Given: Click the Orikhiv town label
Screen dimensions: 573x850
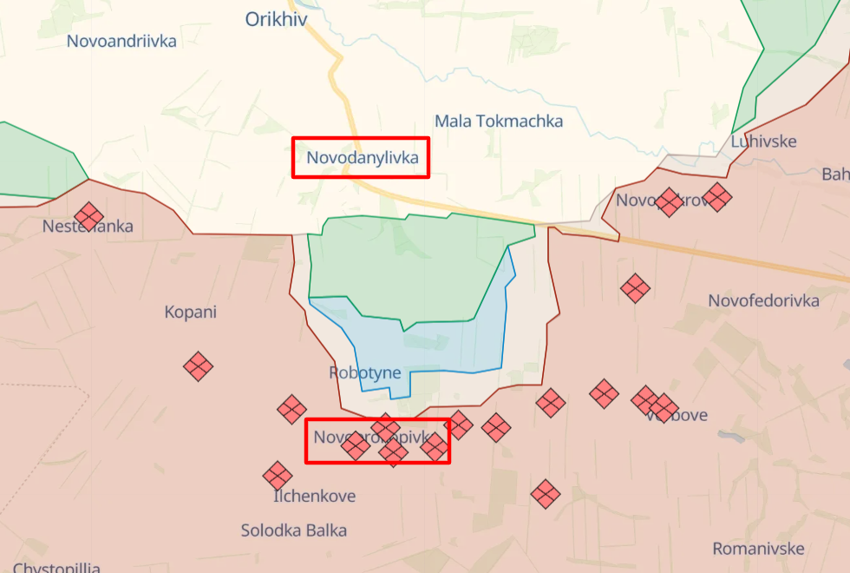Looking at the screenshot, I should point(276,19).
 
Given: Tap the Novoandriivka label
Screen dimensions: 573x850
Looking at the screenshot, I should point(121,41).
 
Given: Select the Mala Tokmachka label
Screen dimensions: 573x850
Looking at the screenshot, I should point(499,121).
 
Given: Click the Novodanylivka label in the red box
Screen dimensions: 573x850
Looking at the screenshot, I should point(362,158).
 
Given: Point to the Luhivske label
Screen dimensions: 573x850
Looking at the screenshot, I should point(763,142).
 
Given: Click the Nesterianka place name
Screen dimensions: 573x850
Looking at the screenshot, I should point(88,227).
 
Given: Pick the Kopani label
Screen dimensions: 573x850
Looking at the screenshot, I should point(191,313).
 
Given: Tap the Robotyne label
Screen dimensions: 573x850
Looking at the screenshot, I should point(365,373).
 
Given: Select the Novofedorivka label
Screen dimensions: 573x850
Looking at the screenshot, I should point(763,301).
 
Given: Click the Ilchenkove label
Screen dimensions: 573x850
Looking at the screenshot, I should point(314,497).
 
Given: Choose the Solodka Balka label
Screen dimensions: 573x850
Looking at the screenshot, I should point(294,530).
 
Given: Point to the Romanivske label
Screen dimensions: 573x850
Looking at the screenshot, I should point(758,549).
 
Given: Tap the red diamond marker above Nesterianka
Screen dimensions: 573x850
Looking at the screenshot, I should point(88,215).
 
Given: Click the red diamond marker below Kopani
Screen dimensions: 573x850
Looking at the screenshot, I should point(199,366).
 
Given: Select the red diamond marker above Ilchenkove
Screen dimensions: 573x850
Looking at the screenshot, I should point(278,475).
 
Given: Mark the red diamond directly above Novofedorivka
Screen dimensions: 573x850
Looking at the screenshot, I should point(635,287).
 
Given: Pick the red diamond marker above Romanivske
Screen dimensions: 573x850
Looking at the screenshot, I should point(545,494).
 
